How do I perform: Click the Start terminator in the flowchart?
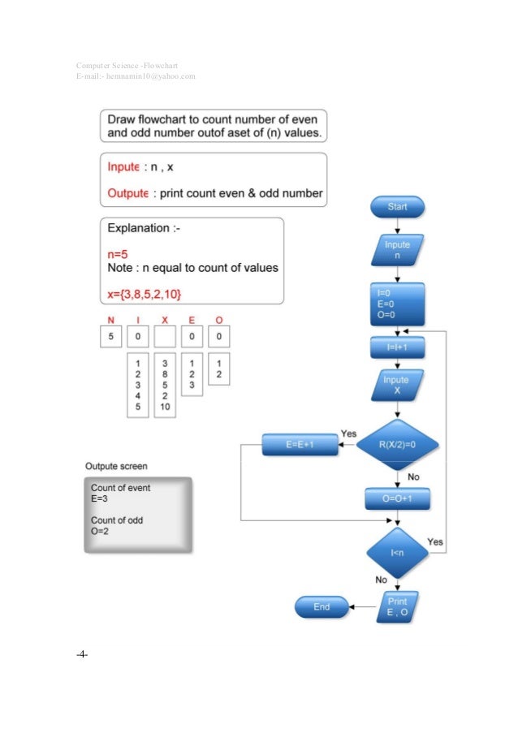397,207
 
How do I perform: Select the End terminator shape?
322,606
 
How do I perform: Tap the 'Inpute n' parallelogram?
397,250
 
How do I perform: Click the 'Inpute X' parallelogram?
397,385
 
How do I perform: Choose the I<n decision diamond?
397,554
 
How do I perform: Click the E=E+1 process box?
294,444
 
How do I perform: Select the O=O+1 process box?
397,498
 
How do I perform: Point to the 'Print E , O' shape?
397,606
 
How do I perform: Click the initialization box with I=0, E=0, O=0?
397,303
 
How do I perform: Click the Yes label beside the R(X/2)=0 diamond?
348,434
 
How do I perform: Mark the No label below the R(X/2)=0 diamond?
412,476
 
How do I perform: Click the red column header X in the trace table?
165,320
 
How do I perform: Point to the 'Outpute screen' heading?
117,466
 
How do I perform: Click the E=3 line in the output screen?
100,498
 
